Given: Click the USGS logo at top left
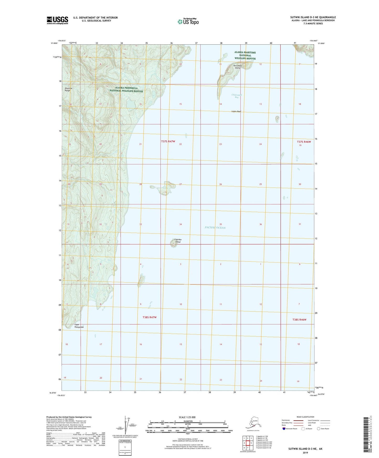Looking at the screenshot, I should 57,20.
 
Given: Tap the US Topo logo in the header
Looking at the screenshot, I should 188,21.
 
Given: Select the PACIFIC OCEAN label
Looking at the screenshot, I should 215,228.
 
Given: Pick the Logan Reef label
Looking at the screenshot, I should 236,111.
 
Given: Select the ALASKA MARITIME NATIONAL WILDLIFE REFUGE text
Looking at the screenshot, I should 245,55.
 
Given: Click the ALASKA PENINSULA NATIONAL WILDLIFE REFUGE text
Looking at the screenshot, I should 126,89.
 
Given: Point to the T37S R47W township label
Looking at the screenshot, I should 168,141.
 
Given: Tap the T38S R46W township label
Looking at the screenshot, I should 299,320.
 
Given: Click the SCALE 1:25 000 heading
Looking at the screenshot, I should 187,417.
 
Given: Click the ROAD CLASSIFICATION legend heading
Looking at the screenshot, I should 305,417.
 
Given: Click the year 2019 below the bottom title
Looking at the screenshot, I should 305,453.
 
